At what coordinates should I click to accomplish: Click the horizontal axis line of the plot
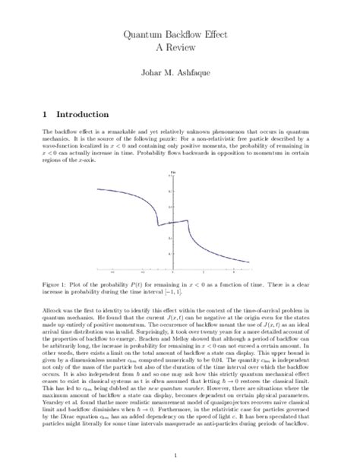pyautogui.click(x=213, y=268)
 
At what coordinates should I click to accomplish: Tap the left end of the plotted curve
pyautogui.click(x=96, y=188)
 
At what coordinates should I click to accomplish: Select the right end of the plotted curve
pyautogui.click(x=248, y=263)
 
